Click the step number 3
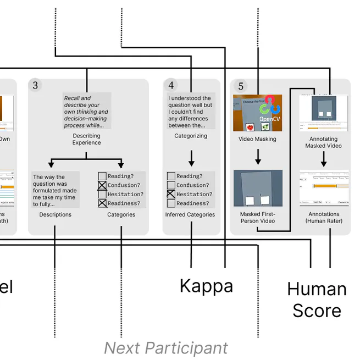click(x=35, y=85)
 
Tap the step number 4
click(x=171, y=85)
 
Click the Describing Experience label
click(x=87, y=139)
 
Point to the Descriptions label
click(x=55, y=214)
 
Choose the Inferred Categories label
click(x=190, y=214)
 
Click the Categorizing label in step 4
click(x=191, y=136)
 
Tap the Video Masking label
click(x=257, y=139)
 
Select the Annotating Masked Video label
click(x=325, y=142)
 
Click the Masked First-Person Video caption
click(x=257, y=217)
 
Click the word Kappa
click(x=206, y=286)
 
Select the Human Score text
click(x=317, y=300)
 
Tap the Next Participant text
click(x=165, y=348)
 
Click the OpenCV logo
click(x=270, y=109)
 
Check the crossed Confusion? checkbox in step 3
click(x=102, y=185)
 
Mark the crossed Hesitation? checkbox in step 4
click(x=171, y=194)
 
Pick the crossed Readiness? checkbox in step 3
click(x=102, y=203)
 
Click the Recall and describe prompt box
click(x=87, y=110)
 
